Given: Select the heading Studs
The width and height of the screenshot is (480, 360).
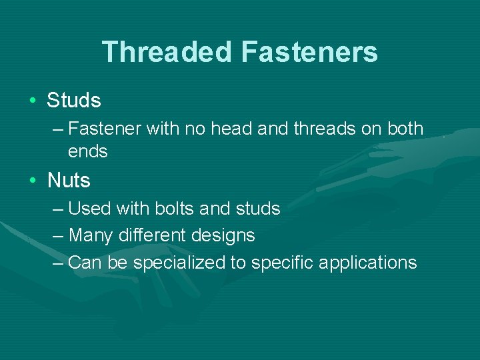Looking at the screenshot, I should (74, 101).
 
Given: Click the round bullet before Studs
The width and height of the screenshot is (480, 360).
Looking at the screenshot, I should (33, 101).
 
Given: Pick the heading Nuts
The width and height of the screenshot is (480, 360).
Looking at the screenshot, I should (69, 180).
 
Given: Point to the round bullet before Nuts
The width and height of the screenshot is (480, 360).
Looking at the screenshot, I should (33, 180).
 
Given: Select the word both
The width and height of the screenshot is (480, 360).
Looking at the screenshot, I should (405, 128).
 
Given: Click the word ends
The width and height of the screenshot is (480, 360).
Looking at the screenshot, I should (87, 151).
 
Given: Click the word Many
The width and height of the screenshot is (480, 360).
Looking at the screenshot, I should (91, 235).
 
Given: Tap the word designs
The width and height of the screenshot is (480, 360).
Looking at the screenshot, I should (225, 235).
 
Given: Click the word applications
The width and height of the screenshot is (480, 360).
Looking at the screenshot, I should (367, 263).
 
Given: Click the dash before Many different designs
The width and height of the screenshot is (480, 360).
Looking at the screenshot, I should (58, 235).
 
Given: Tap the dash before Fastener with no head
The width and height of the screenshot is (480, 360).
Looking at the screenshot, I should (58, 128).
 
